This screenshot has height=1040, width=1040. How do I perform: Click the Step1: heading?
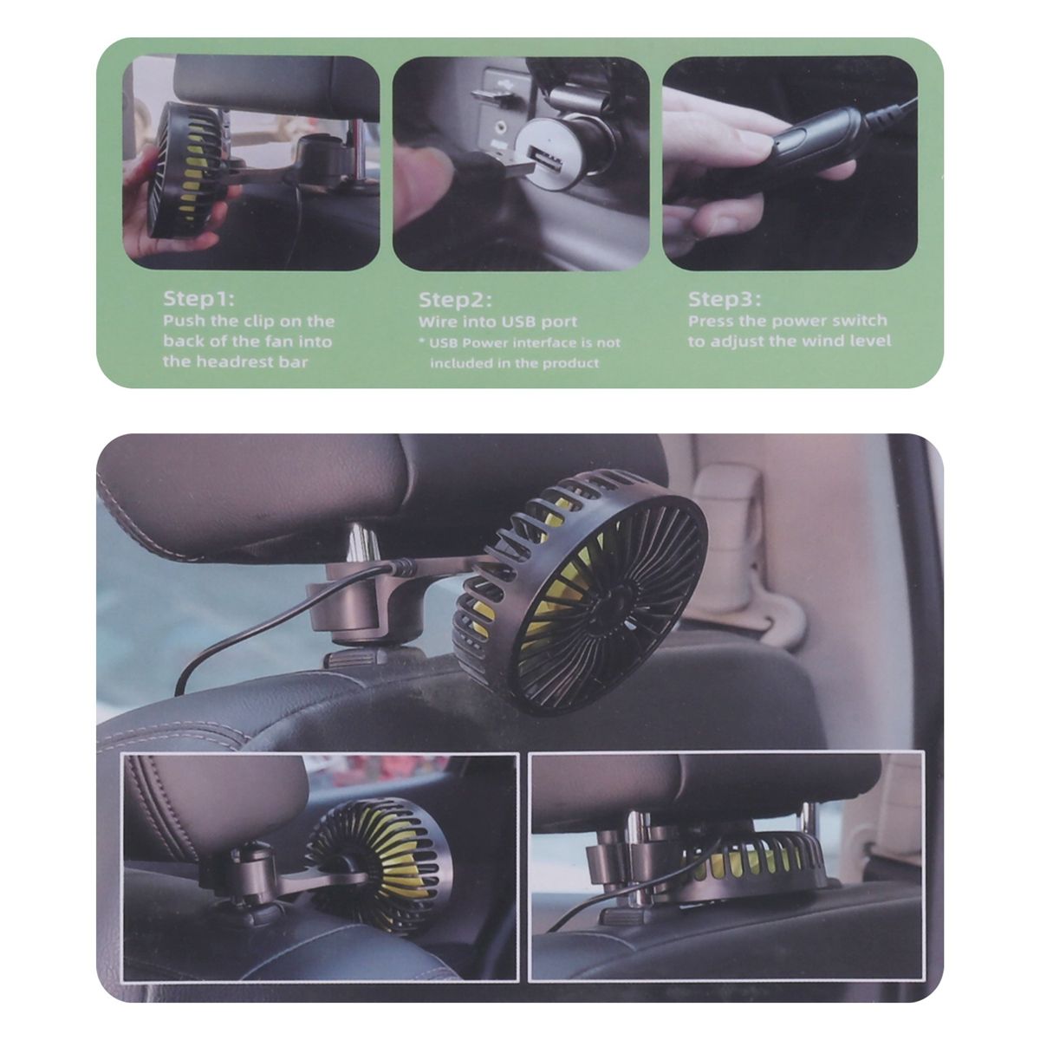pos(198,299)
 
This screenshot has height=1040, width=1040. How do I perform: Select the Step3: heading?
pos(725,299)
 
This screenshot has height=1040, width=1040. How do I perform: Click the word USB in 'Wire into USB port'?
pos(520,322)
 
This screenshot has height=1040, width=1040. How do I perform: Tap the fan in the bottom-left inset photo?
pos(381,858)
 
